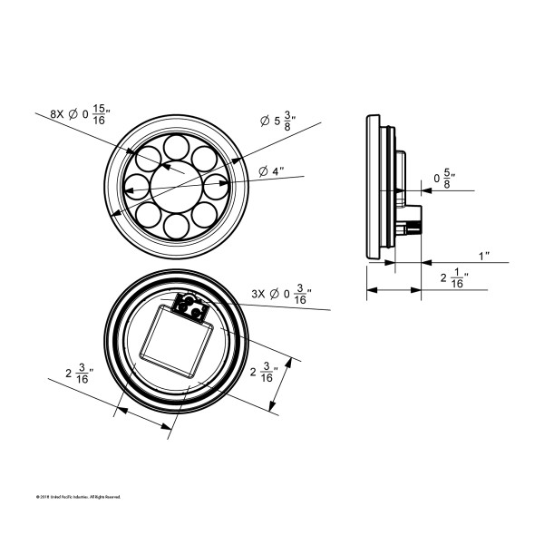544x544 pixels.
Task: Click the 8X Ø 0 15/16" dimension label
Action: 78,114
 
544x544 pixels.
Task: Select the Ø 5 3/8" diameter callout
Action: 281,121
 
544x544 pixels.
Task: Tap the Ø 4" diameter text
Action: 271,171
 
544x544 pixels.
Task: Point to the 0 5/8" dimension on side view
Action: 444,180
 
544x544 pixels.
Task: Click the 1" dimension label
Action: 484,256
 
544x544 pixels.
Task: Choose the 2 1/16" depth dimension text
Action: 453,278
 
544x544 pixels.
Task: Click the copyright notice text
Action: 77,497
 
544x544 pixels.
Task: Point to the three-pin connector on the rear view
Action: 190,307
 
